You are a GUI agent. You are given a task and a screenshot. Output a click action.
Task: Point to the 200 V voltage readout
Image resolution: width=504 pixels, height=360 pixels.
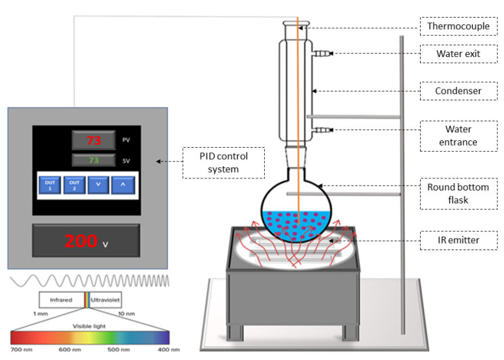pos(86,241)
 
